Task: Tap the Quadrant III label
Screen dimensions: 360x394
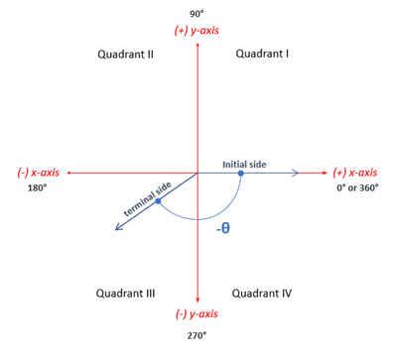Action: [125, 294]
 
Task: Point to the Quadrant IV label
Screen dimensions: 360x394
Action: [262, 294]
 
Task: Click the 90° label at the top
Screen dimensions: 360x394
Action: [197, 13]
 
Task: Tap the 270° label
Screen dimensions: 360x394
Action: [197, 335]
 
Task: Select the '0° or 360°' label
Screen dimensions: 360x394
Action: [357, 188]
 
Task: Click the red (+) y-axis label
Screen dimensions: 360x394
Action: [197, 31]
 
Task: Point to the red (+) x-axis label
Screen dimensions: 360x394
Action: [353, 173]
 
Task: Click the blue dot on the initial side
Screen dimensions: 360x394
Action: [241, 174]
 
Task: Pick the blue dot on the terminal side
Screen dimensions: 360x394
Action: [158, 201]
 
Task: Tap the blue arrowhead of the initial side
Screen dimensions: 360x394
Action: [295, 174]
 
